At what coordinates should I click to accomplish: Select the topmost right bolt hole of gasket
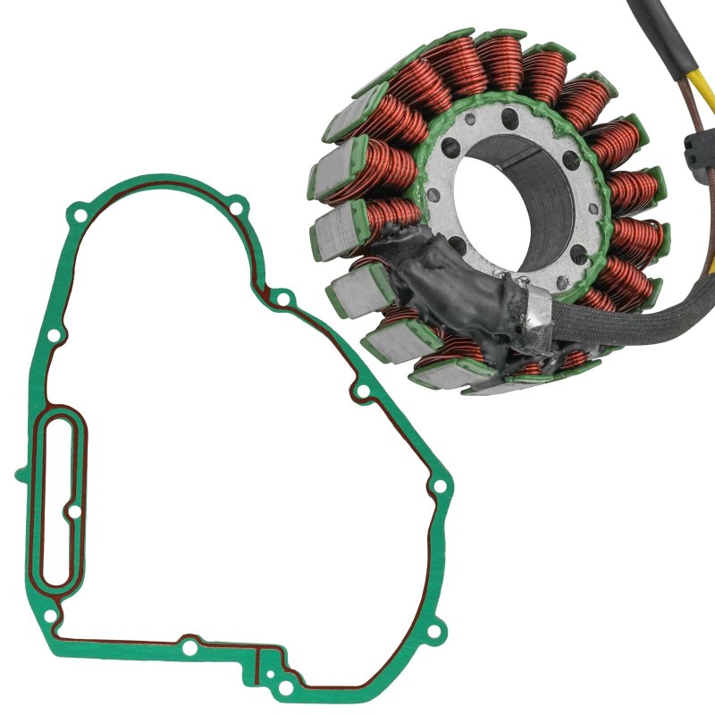point(237,208)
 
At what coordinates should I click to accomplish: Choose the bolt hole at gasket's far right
point(439,486)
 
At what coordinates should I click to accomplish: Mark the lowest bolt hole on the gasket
point(285,688)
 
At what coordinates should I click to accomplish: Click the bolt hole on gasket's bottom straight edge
point(189,646)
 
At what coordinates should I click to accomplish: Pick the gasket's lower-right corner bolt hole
point(433,633)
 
